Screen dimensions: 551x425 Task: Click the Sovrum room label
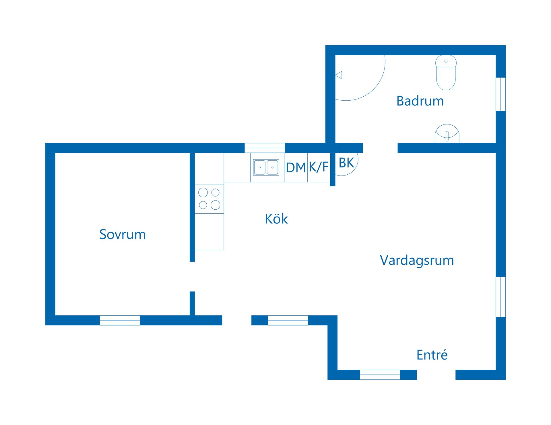[x=123, y=234]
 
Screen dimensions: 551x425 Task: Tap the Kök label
[x=276, y=219]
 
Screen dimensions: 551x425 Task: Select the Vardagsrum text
[x=417, y=260]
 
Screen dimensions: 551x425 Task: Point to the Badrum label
[x=420, y=101]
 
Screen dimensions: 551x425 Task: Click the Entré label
[x=432, y=355]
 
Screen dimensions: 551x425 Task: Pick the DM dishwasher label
[x=296, y=167]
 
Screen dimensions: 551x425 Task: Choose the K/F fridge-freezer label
[x=318, y=167]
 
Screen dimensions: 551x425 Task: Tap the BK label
[x=346, y=163]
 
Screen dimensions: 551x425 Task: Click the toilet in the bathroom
[x=446, y=73]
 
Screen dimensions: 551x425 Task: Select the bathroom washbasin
[x=447, y=134]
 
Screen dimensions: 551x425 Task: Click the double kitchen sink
[x=266, y=167]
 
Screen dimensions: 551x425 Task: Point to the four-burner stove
[x=209, y=199]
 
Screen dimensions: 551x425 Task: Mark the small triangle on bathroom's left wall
[x=339, y=75]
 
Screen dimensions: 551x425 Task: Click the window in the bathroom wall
[x=501, y=94]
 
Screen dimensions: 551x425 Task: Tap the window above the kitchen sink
[x=265, y=148]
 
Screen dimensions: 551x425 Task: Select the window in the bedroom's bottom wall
[x=120, y=320]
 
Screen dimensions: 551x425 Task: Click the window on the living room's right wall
[x=501, y=297]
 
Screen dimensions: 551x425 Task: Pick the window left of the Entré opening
[x=380, y=375]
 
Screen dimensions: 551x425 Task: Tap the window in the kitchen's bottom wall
[x=288, y=320]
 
